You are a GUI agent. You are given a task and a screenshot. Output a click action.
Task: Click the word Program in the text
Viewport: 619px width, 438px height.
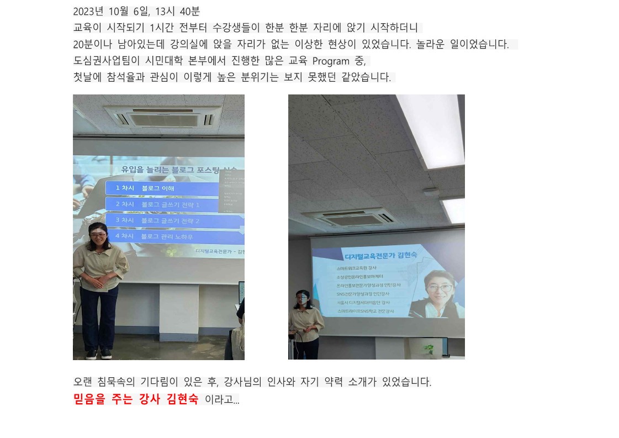tap(331, 61)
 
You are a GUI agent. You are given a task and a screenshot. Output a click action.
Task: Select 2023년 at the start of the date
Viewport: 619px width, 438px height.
tap(88, 11)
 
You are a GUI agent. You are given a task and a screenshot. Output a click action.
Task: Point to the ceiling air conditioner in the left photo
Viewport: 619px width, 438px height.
tap(162, 117)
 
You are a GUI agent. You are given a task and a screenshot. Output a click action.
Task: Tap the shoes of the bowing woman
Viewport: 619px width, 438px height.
tap(98, 354)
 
